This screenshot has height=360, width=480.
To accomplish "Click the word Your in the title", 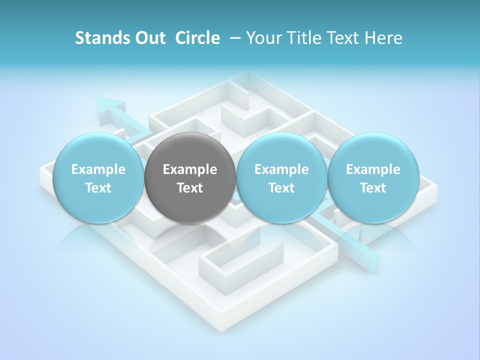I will pos(264,38).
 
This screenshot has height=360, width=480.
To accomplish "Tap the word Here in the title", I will pos(383,38).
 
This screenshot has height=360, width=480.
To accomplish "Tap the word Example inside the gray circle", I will pos(190,169).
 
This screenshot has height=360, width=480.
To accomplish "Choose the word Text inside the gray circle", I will pos(190,188).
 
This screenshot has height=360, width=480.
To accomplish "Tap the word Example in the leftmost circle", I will pos(98,169).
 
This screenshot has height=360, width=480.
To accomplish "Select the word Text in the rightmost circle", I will pos(373,188).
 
